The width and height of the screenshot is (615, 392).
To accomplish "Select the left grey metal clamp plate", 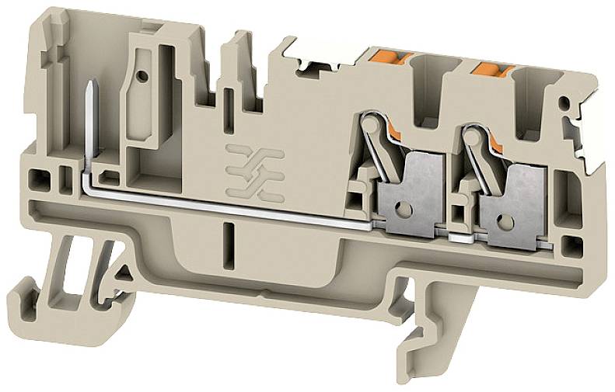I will click(x=410, y=189).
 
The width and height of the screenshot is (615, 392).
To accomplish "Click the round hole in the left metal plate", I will click(x=404, y=208).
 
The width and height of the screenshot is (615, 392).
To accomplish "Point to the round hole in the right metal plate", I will click(x=508, y=223).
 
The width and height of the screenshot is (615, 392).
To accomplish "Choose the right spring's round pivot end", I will click(x=470, y=135).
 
